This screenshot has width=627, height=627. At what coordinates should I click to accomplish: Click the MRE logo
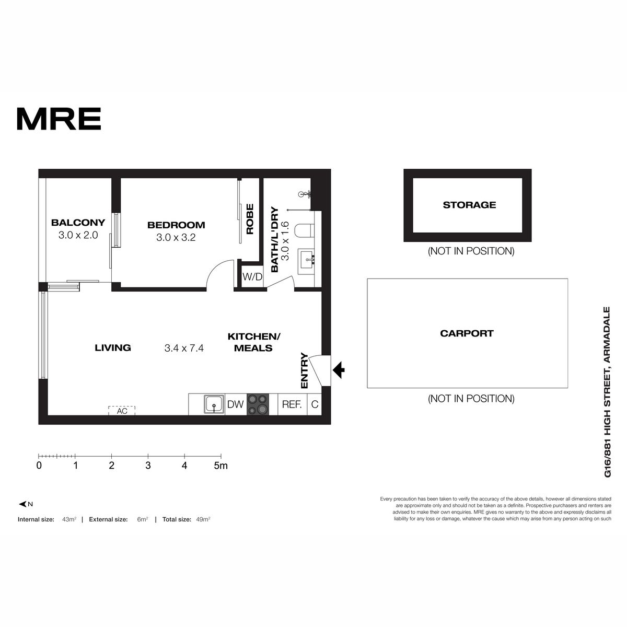pos(59,119)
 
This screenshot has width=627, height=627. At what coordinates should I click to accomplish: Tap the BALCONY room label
pos(78,223)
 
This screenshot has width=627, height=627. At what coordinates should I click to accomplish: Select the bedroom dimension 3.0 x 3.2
pos(176,238)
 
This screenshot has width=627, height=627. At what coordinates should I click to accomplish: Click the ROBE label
pos(250,219)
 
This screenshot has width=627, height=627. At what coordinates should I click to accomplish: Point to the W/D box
pos(252,277)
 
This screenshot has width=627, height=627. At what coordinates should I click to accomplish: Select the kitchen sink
pos(214,404)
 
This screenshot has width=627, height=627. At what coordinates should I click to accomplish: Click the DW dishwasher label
pos(235,404)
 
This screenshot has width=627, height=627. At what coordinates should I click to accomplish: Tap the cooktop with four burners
pos(258,404)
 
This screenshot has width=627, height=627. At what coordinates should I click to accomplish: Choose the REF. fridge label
pos(292,404)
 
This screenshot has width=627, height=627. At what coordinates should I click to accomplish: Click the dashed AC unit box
pos(122,411)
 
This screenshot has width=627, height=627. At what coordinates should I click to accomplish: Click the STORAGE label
pos(469,205)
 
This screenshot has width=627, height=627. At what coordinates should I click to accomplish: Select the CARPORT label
pos(467,333)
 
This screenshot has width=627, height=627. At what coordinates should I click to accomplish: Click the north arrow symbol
pos(23,504)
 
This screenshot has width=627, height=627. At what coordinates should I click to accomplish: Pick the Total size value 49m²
pos(203,519)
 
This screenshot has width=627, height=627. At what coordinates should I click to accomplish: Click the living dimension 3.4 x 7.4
pos(184,348)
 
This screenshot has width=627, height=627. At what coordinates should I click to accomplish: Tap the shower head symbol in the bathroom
pos(305,194)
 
